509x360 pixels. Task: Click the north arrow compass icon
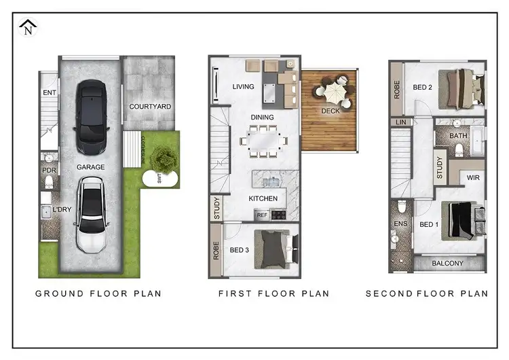point(28,28)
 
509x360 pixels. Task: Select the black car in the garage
point(90,116)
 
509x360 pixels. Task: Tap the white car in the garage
point(90,214)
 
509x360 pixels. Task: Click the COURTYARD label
point(150,107)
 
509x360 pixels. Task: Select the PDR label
point(48,170)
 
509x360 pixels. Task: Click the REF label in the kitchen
point(261,215)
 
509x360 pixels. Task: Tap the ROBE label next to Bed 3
point(215,249)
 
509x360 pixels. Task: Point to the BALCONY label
point(448,264)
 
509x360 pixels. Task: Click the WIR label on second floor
point(473,179)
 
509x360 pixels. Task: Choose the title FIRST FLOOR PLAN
point(274,294)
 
